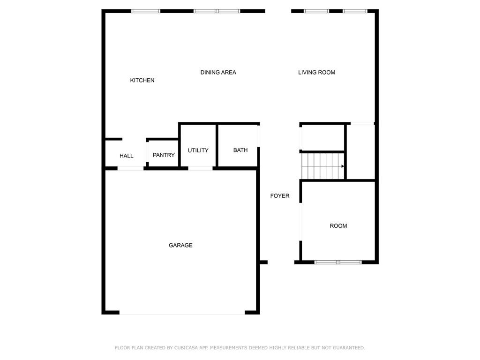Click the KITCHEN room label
[142, 81]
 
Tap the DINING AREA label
[218, 73]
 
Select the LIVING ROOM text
[316, 73]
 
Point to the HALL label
[127, 156]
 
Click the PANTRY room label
[164, 155]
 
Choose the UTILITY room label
[198, 150]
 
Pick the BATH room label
[240, 150]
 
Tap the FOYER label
[280, 196]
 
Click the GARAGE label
[180, 246]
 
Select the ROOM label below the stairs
[338, 226]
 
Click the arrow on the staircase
[343, 166]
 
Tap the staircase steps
[322, 166]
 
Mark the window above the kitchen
[146, 11]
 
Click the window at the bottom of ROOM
[338, 262]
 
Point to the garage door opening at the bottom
[182, 313]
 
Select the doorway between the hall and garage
[130, 168]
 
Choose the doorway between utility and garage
[200, 168]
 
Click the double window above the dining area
[217, 11]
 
